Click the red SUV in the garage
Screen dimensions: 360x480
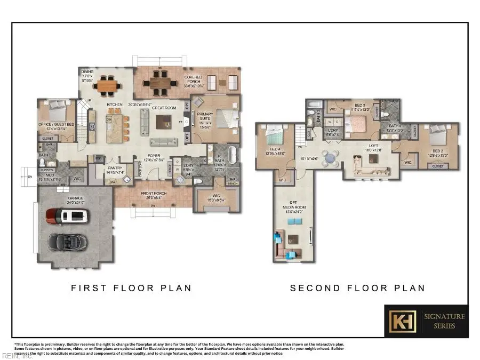point(67,216)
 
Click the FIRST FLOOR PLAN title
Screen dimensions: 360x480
point(131,288)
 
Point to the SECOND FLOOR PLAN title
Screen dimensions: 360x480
point(357,288)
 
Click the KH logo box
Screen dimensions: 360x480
point(401,321)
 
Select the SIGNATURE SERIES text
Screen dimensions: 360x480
point(444,321)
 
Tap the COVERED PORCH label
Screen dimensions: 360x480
point(193,81)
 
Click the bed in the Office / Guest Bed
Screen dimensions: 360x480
point(55,113)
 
